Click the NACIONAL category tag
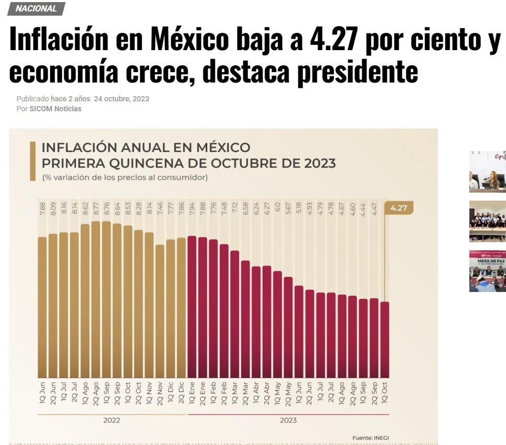point(36,8)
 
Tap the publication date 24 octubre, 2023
point(121,99)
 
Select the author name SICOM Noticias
point(55,109)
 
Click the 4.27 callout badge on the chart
point(399,208)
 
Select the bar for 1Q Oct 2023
point(385,339)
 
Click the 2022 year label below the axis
point(112,420)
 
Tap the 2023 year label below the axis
point(288,420)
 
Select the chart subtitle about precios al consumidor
point(125,178)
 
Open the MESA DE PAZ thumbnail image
point(488,271)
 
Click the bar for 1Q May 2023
point(277,324)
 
